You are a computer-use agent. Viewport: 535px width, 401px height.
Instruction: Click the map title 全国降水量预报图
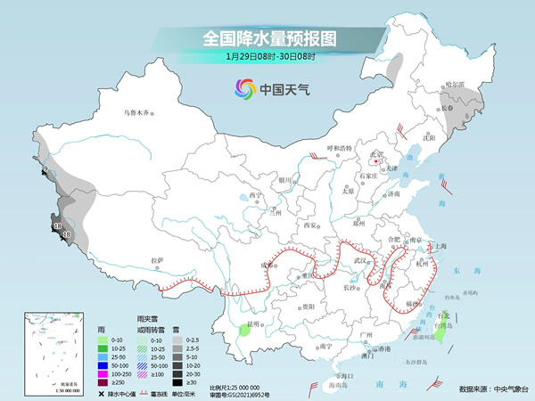pyautogui.click(x=267, y=37)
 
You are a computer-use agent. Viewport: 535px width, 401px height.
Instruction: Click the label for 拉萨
pyautogui.click(x=158, y=260)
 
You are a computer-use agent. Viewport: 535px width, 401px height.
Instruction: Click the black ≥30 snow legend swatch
pyautogui.click(x=178, y=381)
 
